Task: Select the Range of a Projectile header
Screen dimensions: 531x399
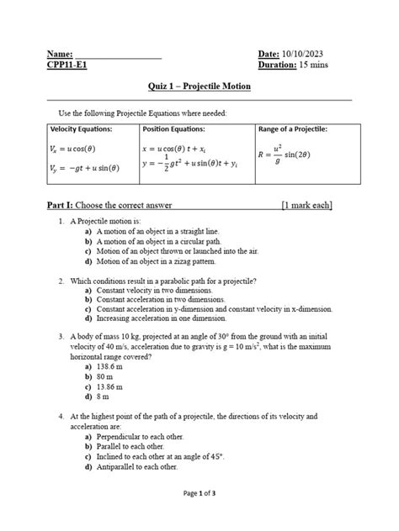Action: click(294, 129)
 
